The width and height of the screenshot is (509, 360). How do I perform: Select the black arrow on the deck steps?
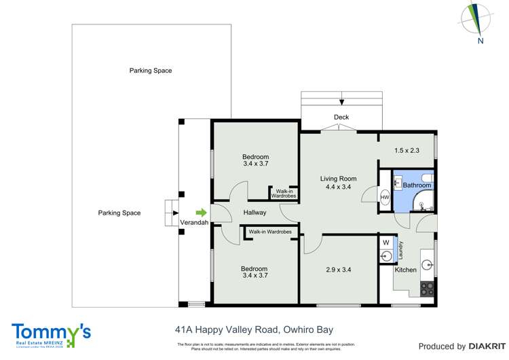coord(341,102)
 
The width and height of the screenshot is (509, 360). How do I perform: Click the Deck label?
coord(341,118)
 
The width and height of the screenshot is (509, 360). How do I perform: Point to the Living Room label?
coord(338,179)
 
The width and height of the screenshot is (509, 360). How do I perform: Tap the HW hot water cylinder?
coord(384,198)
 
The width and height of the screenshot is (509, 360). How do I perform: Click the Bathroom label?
coord(417,185)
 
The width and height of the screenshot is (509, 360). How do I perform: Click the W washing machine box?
coord(385,242)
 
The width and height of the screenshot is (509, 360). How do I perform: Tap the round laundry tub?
coord(386,256)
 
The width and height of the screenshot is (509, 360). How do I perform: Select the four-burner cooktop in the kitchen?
coord(427,288)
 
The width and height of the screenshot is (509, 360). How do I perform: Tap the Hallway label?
coord(254,213)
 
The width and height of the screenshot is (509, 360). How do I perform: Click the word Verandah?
coord(193,223)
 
